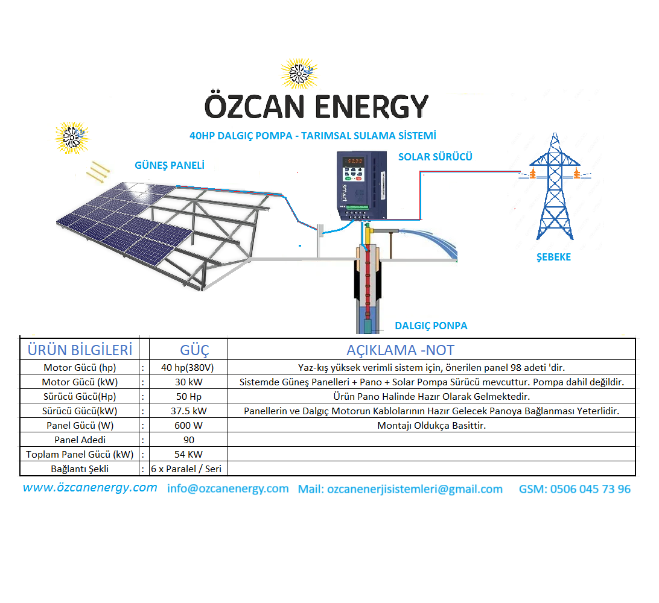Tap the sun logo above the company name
click(x=299, y=74)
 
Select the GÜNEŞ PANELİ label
click(x=170, y=165)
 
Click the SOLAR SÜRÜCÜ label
click(x=435, y=157)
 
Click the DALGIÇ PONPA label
click(x=431, y=326)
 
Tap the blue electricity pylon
click(x=555, y=186)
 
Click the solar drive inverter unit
click(x=361, y=186)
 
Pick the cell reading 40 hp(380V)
click(x=188, y=367)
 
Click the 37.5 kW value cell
click(x=189, y=411)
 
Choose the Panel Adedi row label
click(x=80, y=440)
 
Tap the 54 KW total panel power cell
click(x=188, y=454)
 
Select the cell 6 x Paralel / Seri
click(x=186, y=469)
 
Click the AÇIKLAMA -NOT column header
click(x=400, y=350)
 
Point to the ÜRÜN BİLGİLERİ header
click(x=80, y=350)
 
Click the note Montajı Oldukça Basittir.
click(x=431, y=425)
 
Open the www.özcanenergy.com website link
click(x=90, y=487)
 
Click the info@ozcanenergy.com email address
click(x=228, y=489)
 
